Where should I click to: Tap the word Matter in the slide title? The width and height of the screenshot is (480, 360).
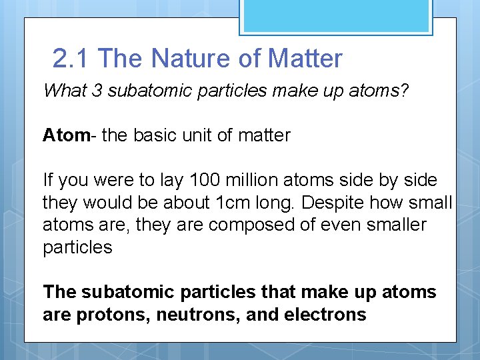coord(305,59)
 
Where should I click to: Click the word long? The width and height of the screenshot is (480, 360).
coord(270,203)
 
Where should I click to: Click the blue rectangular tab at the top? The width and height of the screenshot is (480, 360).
coord(336,17)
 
